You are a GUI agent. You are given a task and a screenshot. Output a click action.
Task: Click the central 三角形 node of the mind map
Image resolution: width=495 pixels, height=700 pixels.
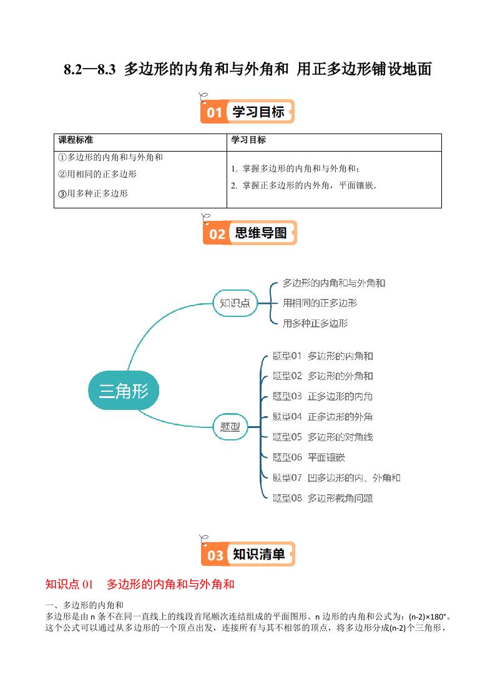click(124, 391)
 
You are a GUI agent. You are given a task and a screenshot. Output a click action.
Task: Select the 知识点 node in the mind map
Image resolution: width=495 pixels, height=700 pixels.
click(235, 303)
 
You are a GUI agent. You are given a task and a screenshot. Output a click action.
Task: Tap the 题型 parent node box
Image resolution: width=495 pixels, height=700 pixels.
click(230, 427)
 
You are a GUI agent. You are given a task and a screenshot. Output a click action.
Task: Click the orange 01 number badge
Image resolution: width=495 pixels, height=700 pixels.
click(214, 112)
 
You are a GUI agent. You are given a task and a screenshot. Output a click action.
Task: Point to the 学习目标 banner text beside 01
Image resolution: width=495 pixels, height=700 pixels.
click(258, 112)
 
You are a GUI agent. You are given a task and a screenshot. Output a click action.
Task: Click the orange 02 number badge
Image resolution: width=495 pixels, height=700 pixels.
click(217, 234)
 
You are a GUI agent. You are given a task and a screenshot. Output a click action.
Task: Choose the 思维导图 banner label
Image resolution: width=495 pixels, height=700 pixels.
click(261, 233)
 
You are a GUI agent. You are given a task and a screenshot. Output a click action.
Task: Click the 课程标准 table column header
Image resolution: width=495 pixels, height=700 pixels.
click(76, 140)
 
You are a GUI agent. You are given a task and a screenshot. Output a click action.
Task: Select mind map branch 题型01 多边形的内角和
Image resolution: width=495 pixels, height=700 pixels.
click(323, 356)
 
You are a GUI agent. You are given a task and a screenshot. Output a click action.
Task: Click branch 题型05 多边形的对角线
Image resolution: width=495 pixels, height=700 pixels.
click(323, 437)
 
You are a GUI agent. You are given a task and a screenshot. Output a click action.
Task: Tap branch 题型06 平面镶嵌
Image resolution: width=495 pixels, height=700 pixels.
click(308, 457)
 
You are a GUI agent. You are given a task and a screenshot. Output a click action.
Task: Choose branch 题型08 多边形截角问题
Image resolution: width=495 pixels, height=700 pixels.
click(323, 498)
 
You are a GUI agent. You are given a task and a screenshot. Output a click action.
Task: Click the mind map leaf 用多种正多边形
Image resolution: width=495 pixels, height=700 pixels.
click(315, 323)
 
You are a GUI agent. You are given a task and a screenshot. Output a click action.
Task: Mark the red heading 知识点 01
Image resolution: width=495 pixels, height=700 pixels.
click(69, 585)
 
